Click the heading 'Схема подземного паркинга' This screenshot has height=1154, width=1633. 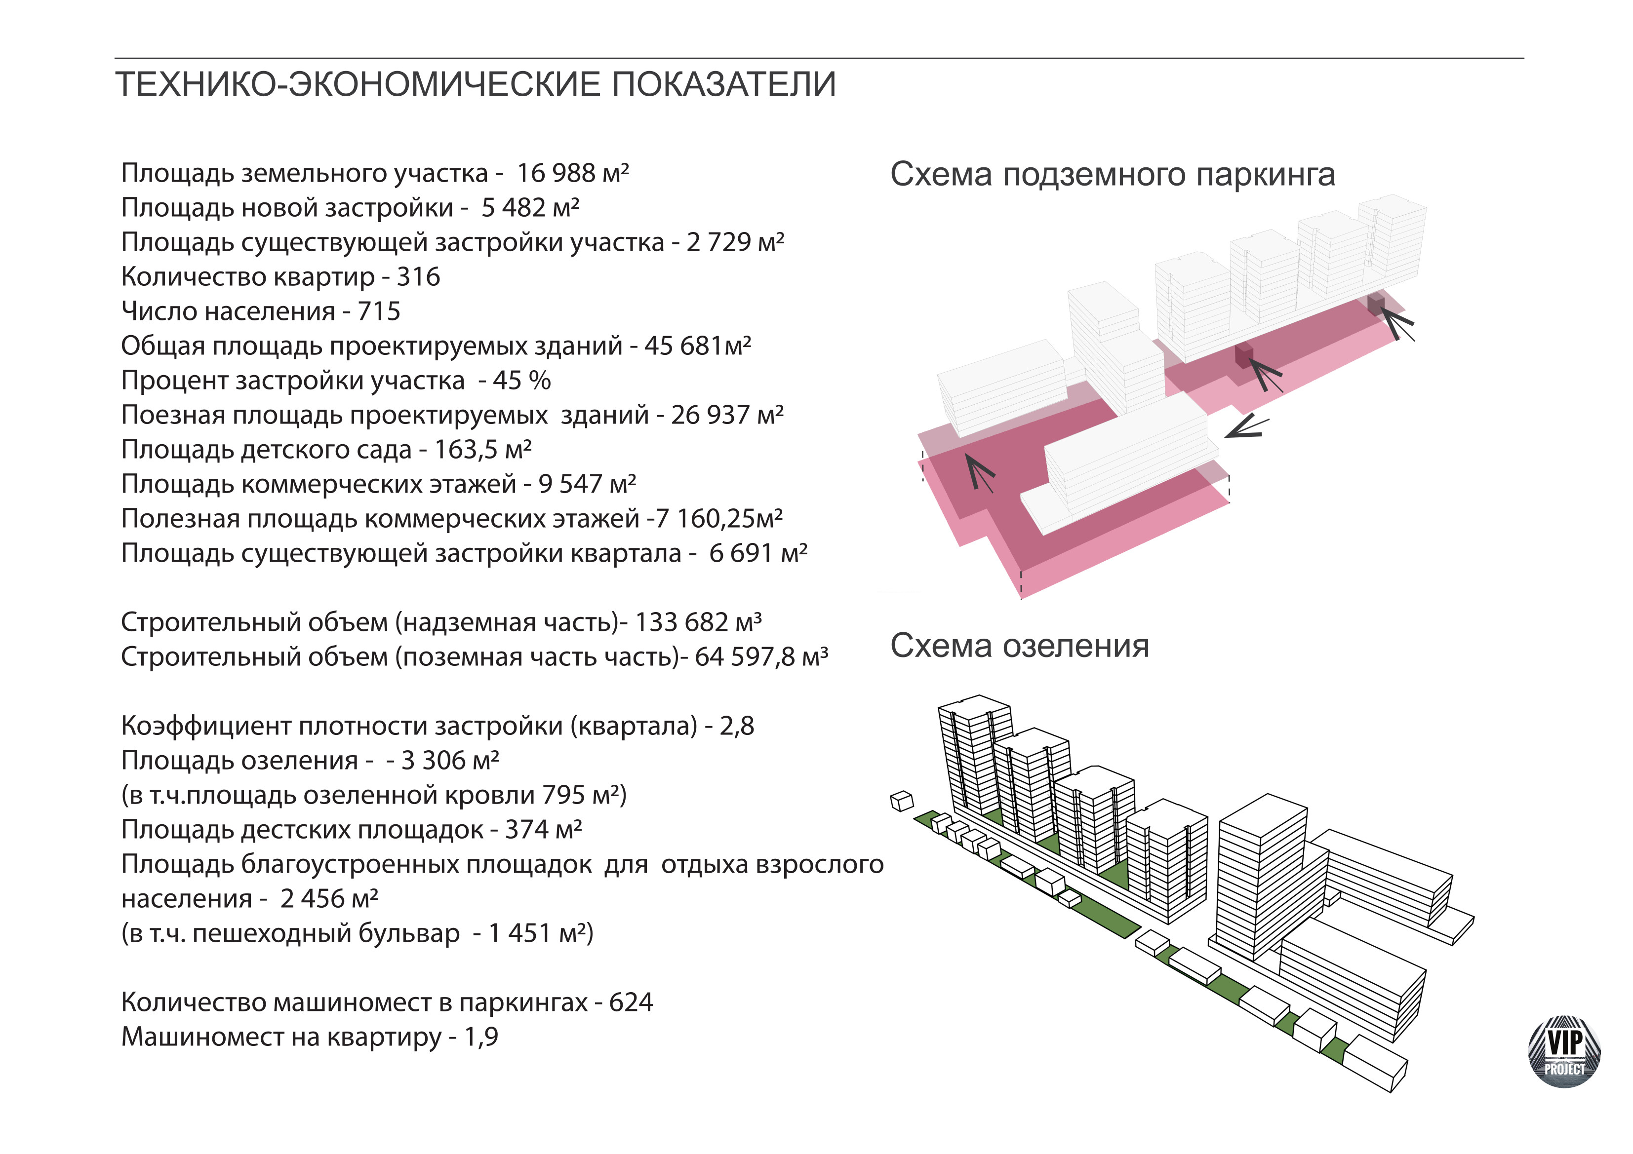click(1113, 175)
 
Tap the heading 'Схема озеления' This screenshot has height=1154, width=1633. click(1019, 646)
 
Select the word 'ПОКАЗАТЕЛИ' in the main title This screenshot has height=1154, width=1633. click(723, 84)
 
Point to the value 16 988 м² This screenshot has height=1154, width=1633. click(572, 173)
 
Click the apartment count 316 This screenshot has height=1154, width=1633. click(418, 276)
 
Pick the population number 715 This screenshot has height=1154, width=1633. click(379, 311)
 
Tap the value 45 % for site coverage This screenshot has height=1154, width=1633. click(521, 381)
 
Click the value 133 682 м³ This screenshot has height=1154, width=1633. click(698, 622)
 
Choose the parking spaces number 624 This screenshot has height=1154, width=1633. click(631, 1002)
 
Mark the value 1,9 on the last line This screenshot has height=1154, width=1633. click(481, 1037)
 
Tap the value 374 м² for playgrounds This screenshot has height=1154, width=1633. click(543, 829)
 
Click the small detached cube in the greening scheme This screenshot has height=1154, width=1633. click(902, 801)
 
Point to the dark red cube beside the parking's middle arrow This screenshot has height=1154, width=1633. click(1243, 355)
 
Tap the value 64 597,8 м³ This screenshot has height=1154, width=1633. click(761, 657)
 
